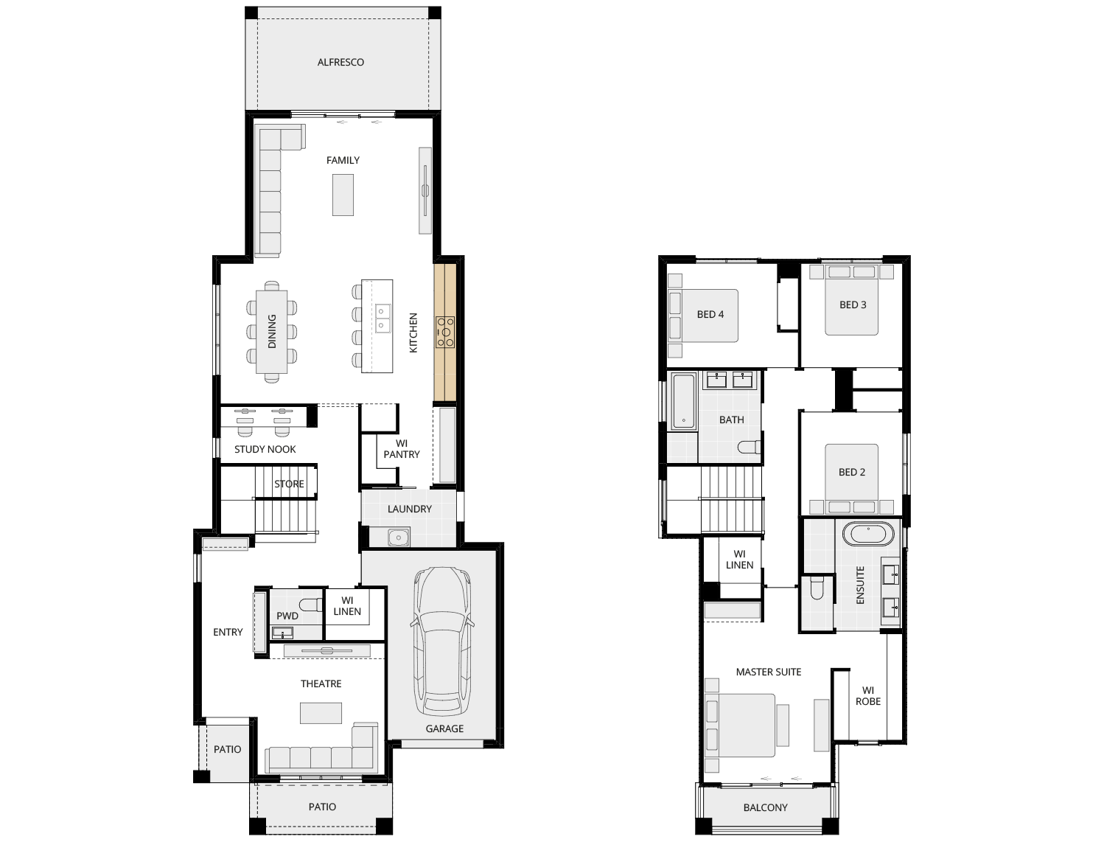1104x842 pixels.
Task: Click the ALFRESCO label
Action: click(340, 63)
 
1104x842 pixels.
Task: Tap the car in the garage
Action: click(442, 641)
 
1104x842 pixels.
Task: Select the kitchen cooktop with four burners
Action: click(445, 332)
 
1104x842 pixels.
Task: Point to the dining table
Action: click(272, 332)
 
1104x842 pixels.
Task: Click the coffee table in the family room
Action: click(343, 195)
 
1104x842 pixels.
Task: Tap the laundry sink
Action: click(399, 537)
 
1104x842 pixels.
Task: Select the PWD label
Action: click(287, 616)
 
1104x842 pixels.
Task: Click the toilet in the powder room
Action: click(310, 605)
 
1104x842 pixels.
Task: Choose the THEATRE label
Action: click(321, 683)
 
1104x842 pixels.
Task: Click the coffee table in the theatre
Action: click(321, 713)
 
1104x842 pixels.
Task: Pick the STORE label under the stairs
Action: click(289, 484)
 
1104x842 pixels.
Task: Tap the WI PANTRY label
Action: click(402, 449)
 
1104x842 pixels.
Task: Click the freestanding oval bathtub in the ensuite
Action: click(868, 534)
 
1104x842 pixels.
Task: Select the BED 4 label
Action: click(710, 314)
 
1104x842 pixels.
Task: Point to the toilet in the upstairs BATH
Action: click(750, 447)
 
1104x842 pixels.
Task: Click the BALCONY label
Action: click(766, 807)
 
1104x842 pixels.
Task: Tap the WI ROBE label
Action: click(868, 695)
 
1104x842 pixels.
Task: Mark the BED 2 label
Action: click(852, 472)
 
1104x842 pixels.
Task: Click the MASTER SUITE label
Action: click(769, 672)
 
